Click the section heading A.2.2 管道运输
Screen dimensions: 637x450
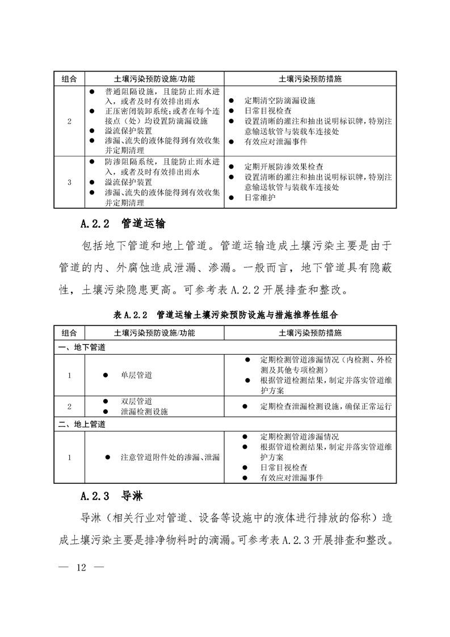coord(123,223)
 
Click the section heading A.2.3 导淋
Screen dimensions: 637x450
coord(111,496)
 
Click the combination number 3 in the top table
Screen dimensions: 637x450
coord(69,182)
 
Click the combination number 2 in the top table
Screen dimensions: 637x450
coord(69,121)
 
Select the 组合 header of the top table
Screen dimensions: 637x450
coord(69,78)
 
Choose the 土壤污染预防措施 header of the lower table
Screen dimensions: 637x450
coord(310,332)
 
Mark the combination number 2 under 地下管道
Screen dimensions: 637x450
coord(69,406)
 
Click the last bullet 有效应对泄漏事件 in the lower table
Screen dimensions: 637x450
coord(292,478)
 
